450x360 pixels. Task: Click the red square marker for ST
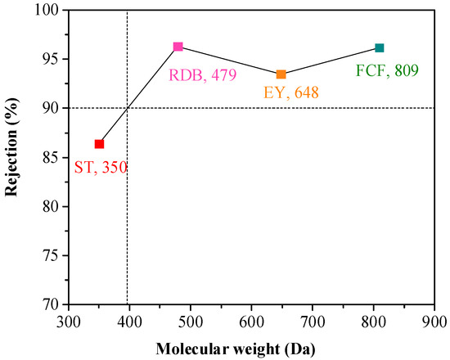(100, 144)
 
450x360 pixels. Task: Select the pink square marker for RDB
(178, 47)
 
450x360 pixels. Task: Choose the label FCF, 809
(387, 70)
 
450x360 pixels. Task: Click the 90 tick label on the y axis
(52, 108)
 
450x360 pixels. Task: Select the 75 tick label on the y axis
(52, 255)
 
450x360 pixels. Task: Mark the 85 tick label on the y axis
(52, 157)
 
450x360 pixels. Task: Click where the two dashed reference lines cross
(128, 108)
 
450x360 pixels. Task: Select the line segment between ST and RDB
(139, 95)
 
